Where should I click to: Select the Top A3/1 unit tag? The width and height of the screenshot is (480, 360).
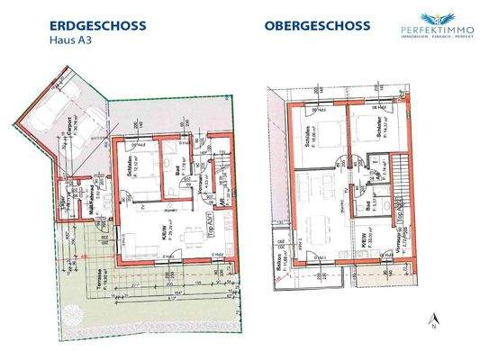coord(206,236)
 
